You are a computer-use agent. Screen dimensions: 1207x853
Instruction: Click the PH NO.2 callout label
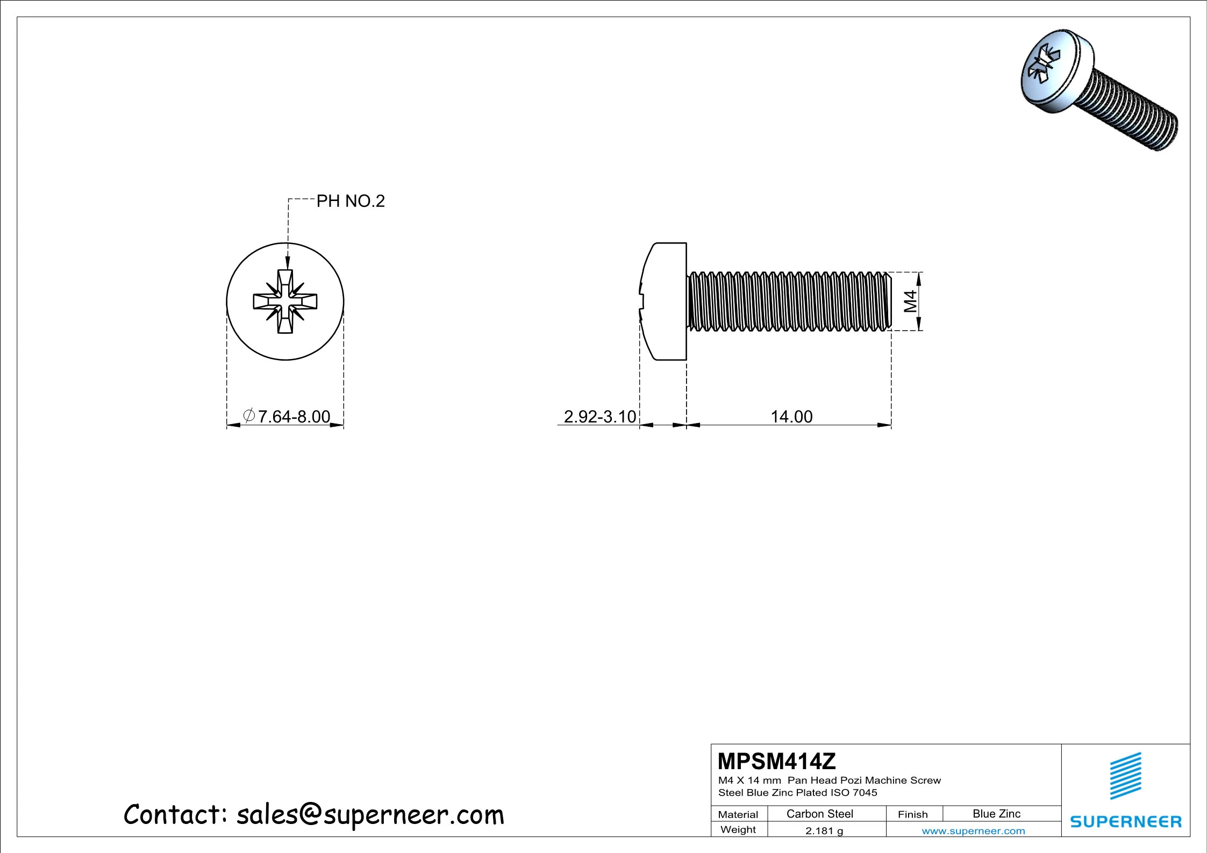(351, 201)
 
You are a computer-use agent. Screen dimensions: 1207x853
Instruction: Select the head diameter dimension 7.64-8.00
(287, 417)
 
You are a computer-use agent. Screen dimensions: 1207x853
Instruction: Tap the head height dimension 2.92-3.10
(600, 417)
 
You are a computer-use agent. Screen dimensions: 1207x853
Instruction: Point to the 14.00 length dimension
(791, 417)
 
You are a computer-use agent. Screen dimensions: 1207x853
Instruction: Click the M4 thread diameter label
(910, 301)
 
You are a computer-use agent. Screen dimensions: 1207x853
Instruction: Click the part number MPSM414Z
(777, 761)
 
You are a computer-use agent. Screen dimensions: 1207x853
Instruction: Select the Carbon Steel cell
(819, 814)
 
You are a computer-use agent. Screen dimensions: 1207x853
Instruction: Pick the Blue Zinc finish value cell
(996, 814)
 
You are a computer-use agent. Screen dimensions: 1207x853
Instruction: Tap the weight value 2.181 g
(824, 831)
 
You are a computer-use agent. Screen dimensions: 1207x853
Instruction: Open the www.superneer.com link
(973, 831)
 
